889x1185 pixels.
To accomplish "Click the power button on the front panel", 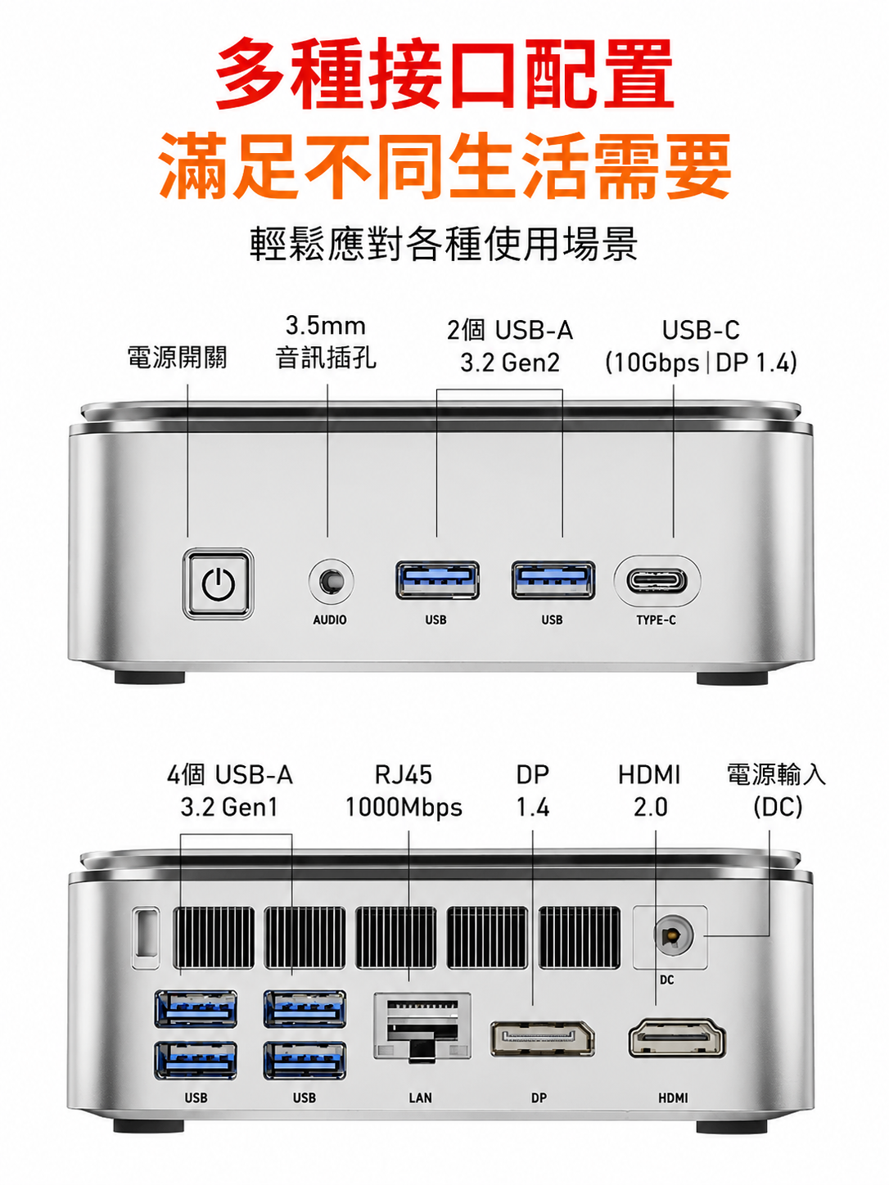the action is click(218, 583).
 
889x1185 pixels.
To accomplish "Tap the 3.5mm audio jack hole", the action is click(331, 581).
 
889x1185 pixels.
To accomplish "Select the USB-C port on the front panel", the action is click(657, 581).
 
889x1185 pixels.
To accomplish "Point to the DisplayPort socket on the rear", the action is click(543, 1039).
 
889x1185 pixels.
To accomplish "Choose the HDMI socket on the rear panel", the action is click(677, 1037).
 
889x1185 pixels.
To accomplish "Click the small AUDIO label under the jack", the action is click(330, 620).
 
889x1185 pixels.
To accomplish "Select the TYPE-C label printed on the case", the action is click(656, 620).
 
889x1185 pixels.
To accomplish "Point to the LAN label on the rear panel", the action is click(420, 1098).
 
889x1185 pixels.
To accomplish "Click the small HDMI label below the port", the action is click(673, 1098).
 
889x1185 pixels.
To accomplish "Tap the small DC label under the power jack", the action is click(666, 980).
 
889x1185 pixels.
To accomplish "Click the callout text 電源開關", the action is click(177, 358).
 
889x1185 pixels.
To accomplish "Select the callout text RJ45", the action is click(404, 776).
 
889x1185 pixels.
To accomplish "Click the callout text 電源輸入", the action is click(776, 774).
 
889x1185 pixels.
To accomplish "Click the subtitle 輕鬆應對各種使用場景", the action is click(444, 245).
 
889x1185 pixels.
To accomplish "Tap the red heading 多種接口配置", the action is click(444, 74).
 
